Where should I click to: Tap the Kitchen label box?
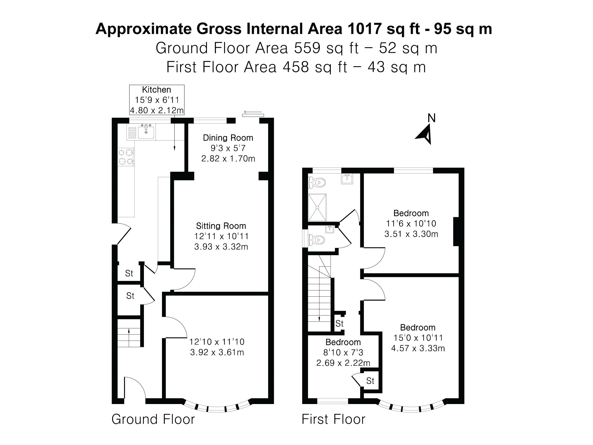coord(157,100)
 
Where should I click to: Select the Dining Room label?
coord(228,138)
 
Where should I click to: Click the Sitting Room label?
coord(221,226)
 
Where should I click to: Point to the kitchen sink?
coord(146,132)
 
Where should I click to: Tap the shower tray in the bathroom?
coord(317,207)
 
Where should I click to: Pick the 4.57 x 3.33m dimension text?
coord(418,348)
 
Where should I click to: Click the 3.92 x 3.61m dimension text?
coord(217,352)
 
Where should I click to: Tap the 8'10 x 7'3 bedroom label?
coord(343,353)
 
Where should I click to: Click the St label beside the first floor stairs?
coord(339,323)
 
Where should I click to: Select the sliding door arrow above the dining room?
coord(253,112)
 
